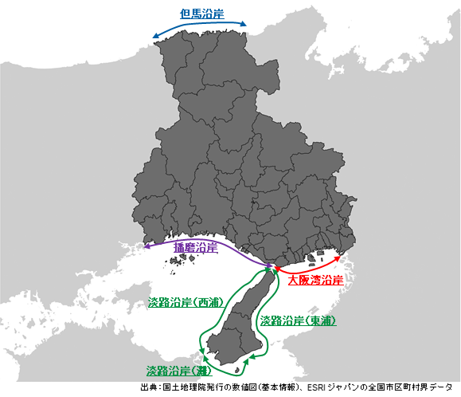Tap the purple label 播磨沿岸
[x=195, y=248]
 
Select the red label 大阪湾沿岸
[x=315, y=281]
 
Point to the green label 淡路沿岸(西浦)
[x=182, y=303]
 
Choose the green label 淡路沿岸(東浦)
[x=298, y=321]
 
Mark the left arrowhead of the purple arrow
[x=146, y=248]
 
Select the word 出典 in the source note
[x=149, y=387]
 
